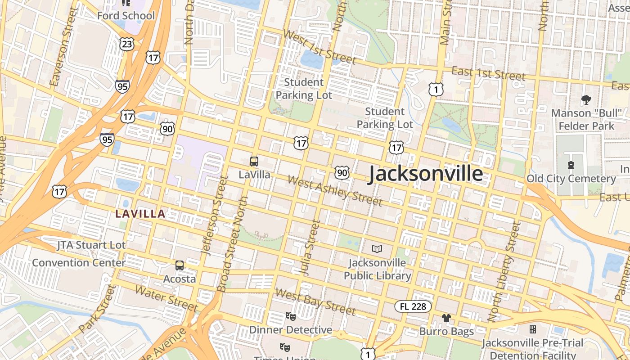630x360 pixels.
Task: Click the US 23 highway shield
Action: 127,44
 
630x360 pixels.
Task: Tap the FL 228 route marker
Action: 413,306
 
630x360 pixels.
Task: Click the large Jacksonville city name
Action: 426,174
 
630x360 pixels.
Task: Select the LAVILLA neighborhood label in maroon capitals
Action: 140,214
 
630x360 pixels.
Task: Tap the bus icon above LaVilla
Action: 254,162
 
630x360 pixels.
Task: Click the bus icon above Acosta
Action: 180,265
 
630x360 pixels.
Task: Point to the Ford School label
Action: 126,16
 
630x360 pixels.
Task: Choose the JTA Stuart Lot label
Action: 91,245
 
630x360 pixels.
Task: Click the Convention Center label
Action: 79,262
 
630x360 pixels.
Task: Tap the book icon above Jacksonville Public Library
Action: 377,249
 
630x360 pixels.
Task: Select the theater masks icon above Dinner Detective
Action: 291,316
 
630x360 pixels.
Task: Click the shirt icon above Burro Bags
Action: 446,318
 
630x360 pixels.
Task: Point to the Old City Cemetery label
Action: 571,179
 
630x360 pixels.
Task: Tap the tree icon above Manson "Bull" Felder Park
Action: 586,100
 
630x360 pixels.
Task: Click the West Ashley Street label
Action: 335,191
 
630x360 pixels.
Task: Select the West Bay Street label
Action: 315,301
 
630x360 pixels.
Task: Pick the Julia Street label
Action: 310,247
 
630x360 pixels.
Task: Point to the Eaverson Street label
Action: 62,46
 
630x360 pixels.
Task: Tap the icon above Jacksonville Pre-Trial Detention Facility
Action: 533,330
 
